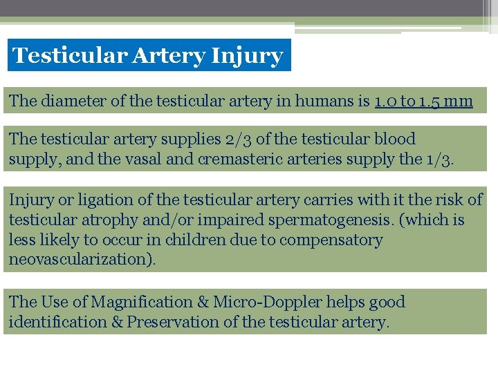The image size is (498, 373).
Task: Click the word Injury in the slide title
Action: click(x=248, y=56)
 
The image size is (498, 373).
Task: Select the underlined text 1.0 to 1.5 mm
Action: click(x=423, y=102)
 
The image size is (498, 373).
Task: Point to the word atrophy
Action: click(x=111, y=220)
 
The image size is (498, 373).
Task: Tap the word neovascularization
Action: click(x=80, y=260)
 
